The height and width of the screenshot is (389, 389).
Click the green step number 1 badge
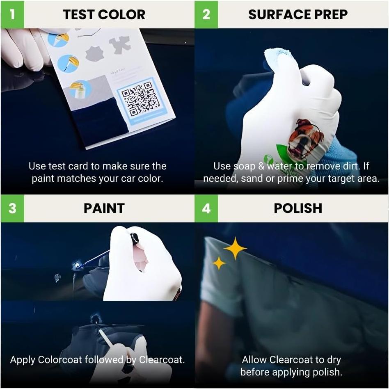(x=12, y=14)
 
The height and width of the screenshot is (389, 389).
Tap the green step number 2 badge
(x=206, y=14)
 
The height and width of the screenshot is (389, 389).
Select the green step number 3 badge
(x=12, y=208)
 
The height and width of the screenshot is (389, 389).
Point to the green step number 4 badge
(x=206, y=208)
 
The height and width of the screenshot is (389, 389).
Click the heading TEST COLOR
(x=104, y=15)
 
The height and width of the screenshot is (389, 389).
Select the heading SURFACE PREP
(x=298, y=15)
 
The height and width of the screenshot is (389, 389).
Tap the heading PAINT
(x=104, y=208)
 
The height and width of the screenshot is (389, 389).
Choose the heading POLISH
(x=298, y=208)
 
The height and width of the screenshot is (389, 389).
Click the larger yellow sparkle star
(x=235, y=248)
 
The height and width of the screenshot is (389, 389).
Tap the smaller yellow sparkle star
(x=219, y=263)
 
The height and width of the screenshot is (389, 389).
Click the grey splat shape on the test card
(x=120, y=44)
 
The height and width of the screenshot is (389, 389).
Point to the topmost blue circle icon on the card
(x=58, y=39)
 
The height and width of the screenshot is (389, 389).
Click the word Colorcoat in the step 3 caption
(x=61, y=360)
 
